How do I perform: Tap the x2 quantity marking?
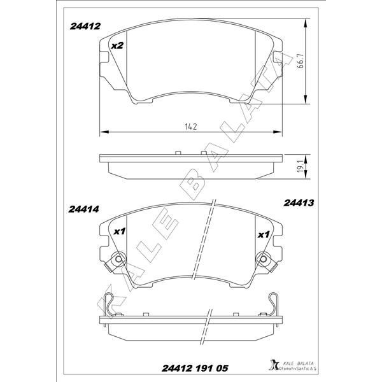pos(117,46)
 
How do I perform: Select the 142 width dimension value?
pos(189,127)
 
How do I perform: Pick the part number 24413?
pos(297,203)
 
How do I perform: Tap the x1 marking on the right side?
pos(262,234)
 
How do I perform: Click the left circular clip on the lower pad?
pos(116,260)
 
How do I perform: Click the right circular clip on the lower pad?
pos(264,260)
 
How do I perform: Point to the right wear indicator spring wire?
pos(273,304)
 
